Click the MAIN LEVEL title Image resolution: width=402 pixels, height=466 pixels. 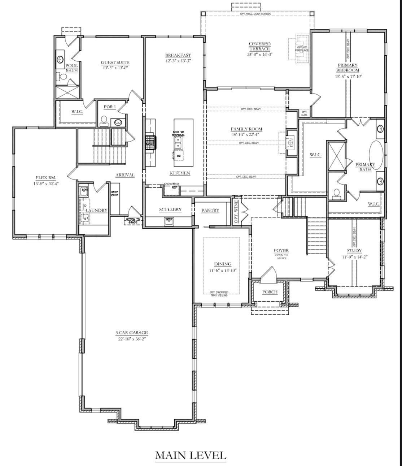(x=191, y=455)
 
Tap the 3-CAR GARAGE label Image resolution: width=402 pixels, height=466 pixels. (x=132, y=333)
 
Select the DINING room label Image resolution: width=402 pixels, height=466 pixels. (x=222, y=264)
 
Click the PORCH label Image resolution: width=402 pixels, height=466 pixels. (x=270, y=292)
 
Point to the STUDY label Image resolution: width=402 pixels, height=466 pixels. (x=354, y=251)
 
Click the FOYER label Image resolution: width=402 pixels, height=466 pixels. (x=281, y=251)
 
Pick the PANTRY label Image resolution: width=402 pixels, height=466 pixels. (x=210, y=210)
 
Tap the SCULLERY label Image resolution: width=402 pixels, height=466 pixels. (x=170, y=210)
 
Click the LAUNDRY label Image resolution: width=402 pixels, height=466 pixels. (x=96, y=210)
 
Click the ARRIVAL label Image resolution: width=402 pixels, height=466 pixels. (x=125, y=175)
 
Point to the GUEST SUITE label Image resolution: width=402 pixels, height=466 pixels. (x=115, y=62)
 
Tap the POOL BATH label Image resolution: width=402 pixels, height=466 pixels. (x=71, y=68)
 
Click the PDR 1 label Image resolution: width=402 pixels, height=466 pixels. (x=109, y=107)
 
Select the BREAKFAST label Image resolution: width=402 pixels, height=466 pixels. (x=178, y=55)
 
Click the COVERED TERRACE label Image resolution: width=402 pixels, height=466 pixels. (x=259, y=46)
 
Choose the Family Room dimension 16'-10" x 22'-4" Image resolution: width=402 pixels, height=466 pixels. (x=246, y=134)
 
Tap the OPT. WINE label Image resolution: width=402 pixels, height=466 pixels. (x=236, y=212)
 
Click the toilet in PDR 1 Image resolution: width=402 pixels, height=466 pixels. (x=104, y=121)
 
